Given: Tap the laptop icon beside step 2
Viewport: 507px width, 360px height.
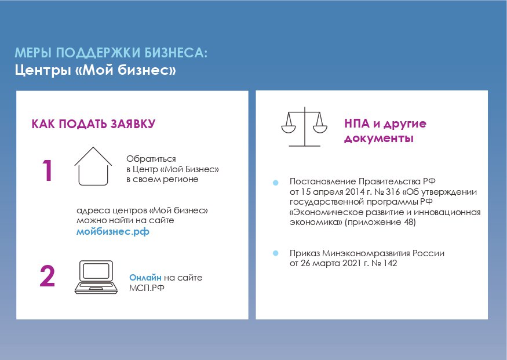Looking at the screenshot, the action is (x=96, y=277).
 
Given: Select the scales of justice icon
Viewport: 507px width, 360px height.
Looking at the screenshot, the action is (x=304, y=127).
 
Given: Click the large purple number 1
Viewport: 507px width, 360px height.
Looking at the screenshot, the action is (x=48, y=170).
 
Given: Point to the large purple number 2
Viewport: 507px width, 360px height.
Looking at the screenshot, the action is (x=47, y=276).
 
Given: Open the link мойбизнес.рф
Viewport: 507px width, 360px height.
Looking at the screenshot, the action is (x=113, y=232).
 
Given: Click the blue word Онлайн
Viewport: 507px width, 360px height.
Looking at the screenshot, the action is (x=145, y=278).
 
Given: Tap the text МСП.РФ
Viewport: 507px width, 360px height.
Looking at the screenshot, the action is (x=147, y=288).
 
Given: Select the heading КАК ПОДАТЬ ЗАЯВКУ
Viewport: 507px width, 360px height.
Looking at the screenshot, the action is (x=93, y=124).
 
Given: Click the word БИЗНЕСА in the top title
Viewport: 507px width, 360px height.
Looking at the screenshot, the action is (x=176, y=53).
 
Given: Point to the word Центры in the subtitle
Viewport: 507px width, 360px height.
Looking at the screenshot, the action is (x=43, y=70).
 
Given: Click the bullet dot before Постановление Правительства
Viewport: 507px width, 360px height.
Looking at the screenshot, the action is (x=275, y=183).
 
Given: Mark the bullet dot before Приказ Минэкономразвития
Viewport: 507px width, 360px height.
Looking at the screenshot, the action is (x=275, y=253).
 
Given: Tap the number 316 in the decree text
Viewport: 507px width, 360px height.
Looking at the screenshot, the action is (x=393, y=192).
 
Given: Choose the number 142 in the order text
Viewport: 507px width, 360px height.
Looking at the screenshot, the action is (x=390, y=263).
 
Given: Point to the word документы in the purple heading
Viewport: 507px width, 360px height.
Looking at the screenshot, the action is (x=379, y=139).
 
